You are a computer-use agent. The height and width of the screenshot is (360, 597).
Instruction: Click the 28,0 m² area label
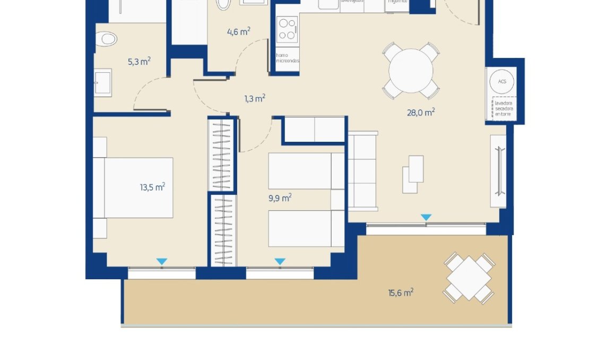[421, 112]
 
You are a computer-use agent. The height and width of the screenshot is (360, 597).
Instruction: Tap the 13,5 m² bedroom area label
[152, 187]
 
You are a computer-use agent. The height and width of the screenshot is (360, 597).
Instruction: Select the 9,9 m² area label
[280, 198]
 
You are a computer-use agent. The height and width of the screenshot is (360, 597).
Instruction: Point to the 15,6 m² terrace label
[401, 293]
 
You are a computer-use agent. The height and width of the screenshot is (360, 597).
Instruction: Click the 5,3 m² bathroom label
[139, 62]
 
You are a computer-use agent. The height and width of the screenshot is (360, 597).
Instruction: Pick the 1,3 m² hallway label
[255, 98]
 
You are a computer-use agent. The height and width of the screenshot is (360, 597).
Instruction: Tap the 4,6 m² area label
[238, 32]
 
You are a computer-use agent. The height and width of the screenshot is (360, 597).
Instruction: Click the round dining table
[410, 71]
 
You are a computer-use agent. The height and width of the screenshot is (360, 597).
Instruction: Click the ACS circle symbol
[502, 81]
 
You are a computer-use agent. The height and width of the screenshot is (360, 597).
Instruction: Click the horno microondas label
[287, 58]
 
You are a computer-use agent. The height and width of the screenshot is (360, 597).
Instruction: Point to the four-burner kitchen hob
[287, 30]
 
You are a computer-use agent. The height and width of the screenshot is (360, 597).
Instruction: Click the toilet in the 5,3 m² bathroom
[108, 38]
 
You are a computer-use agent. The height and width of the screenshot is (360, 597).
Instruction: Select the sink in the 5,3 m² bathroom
[103, 82]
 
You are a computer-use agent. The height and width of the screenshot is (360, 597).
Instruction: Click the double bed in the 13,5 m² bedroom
[137, 187]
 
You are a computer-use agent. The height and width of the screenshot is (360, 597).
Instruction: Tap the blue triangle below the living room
[426, 218]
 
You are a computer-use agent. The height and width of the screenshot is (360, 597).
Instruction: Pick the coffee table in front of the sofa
[413, 174]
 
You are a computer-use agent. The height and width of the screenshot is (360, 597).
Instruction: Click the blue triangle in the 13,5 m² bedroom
[162, 261]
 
